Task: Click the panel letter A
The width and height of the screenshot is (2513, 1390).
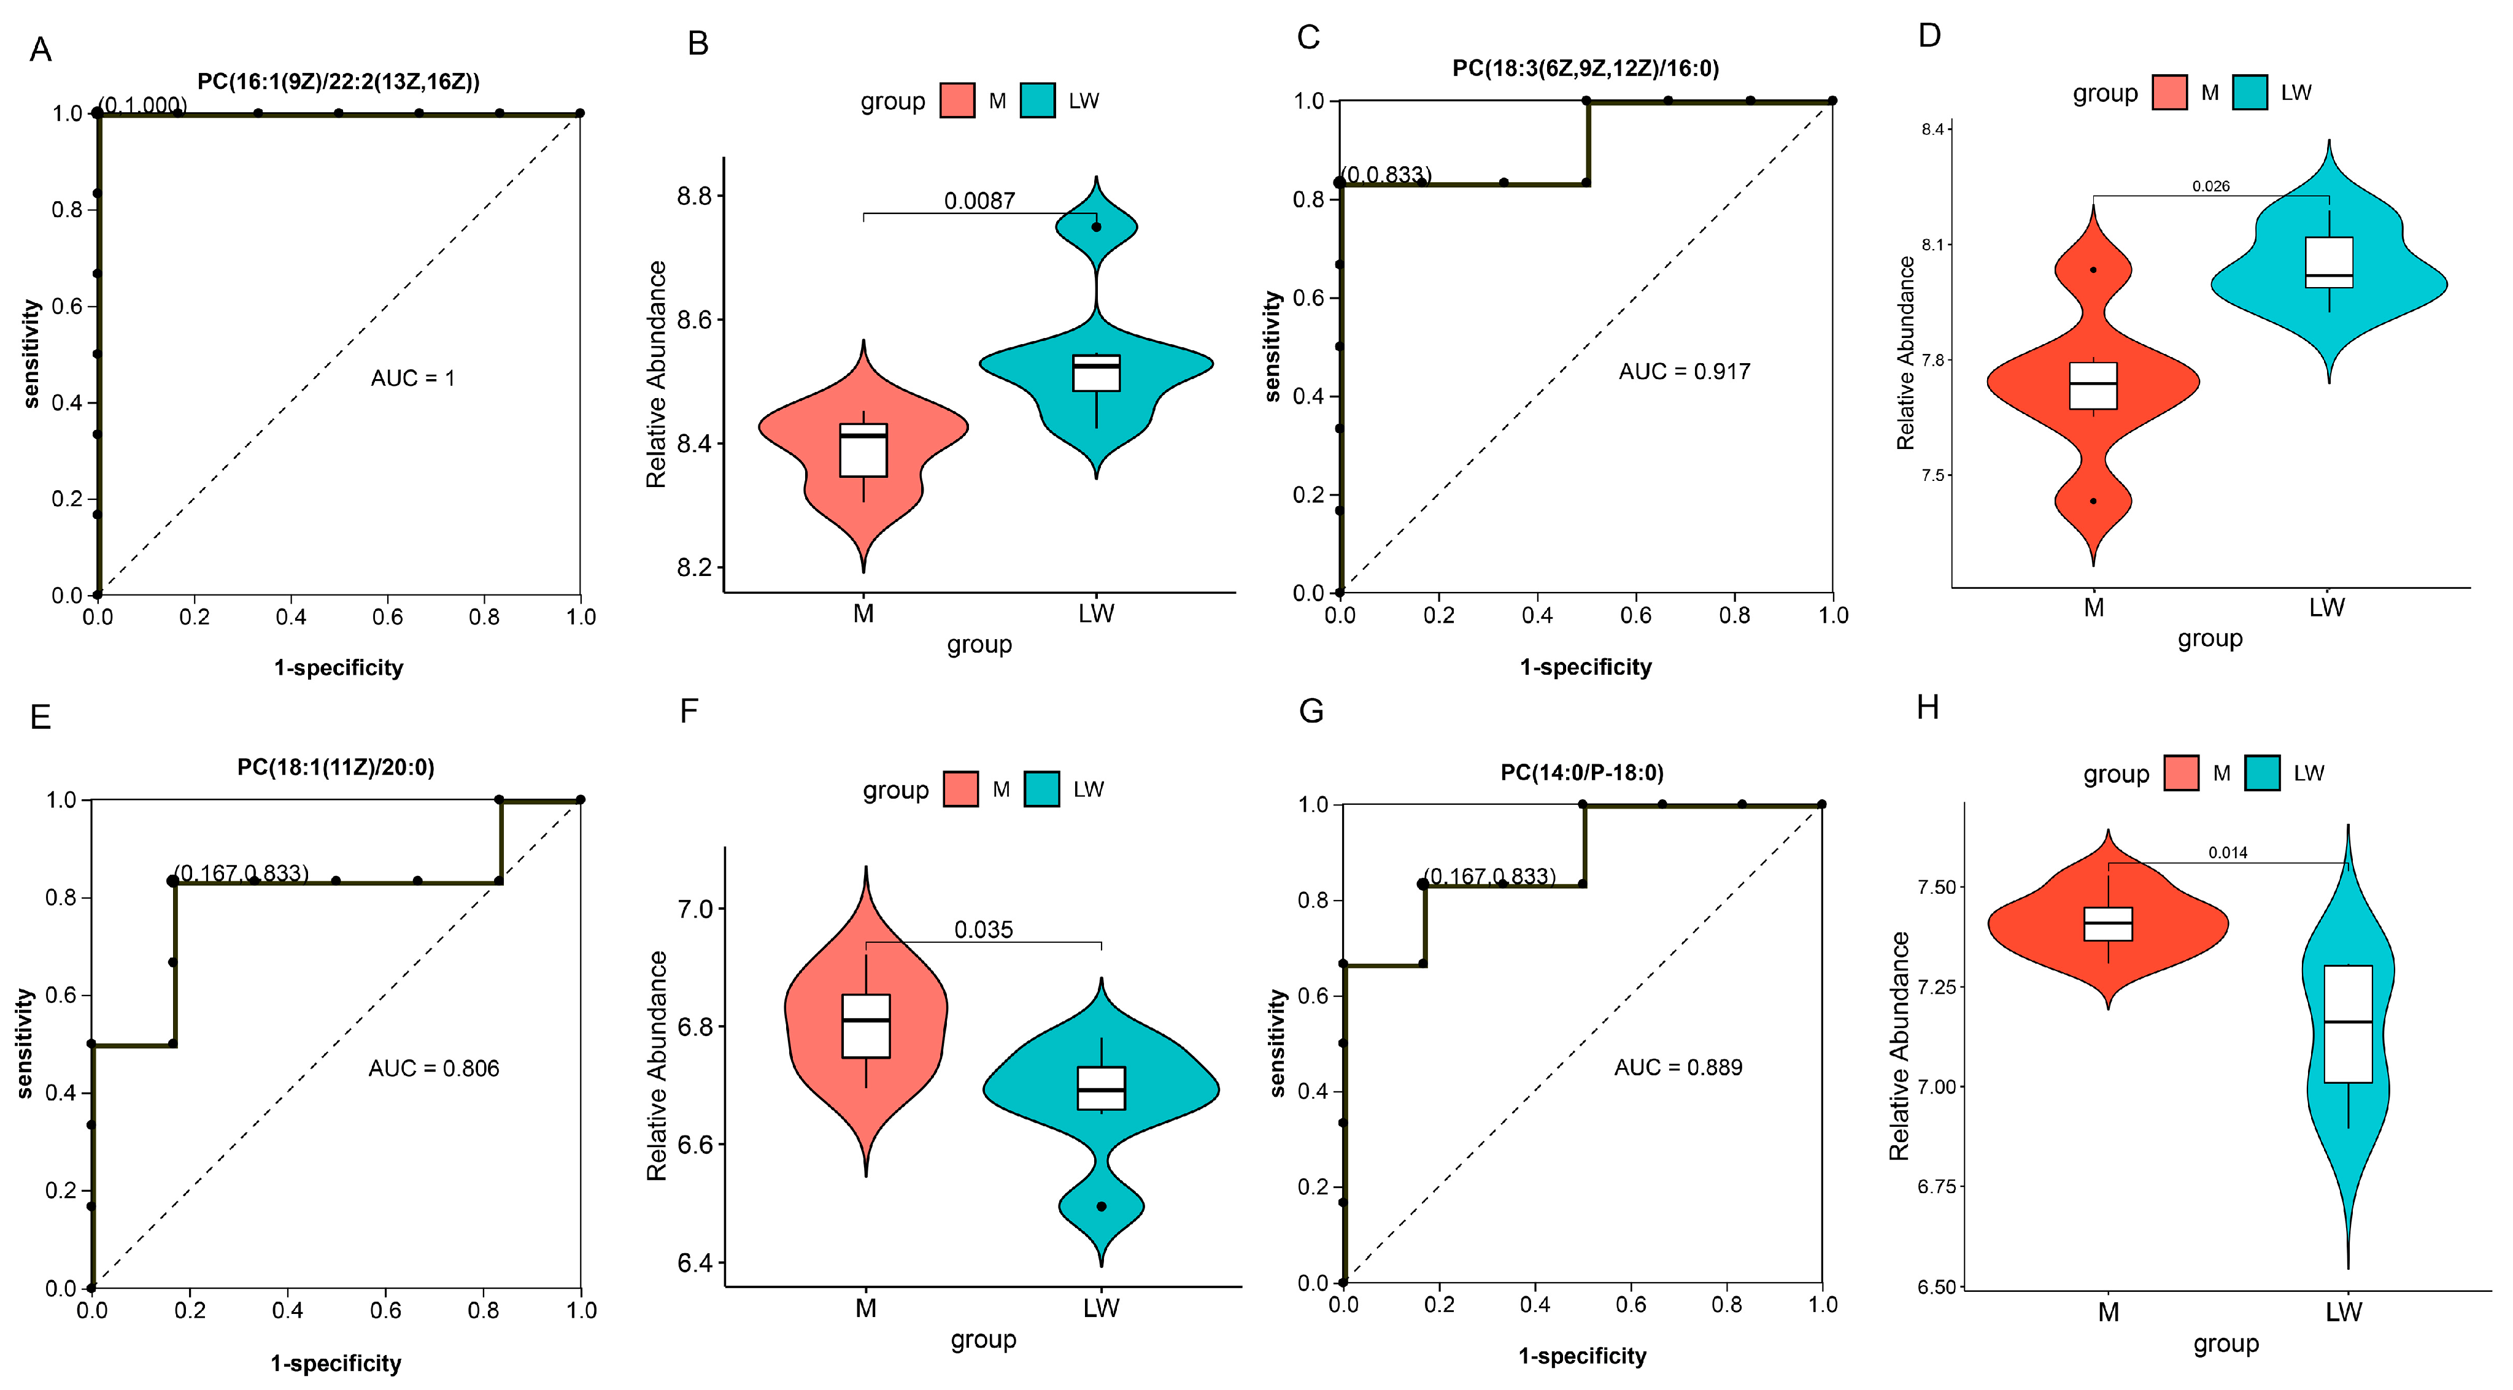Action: point(40,49)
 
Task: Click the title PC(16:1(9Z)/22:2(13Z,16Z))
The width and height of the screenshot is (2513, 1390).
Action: point(339,81)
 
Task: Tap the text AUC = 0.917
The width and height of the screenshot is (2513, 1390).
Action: point(1684,372)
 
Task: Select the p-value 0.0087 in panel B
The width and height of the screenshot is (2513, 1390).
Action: point(979,201)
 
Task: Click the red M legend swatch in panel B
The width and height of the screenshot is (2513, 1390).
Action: point(957,101)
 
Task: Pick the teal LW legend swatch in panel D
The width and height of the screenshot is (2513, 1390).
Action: point(2250,93)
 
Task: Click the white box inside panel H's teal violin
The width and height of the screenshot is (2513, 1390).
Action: point(2347,1023)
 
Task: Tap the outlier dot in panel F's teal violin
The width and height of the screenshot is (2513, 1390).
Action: point(1102,1207)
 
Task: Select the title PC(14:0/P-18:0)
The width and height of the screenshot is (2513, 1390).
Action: point(1581,772)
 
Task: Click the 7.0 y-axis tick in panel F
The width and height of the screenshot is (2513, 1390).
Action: point(695,909)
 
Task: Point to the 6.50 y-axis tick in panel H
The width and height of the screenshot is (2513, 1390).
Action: point(1937,1286)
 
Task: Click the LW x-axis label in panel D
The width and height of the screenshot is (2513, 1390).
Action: point(2326,608)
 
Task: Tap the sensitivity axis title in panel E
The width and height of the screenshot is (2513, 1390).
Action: point(25,1043)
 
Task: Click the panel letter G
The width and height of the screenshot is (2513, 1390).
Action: point(1311,710)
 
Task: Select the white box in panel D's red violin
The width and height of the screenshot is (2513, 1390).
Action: point(2093,385)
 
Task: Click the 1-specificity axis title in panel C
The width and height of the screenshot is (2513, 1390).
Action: point(1585,667)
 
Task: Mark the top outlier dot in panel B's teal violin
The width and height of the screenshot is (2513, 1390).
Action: point(1097,228)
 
